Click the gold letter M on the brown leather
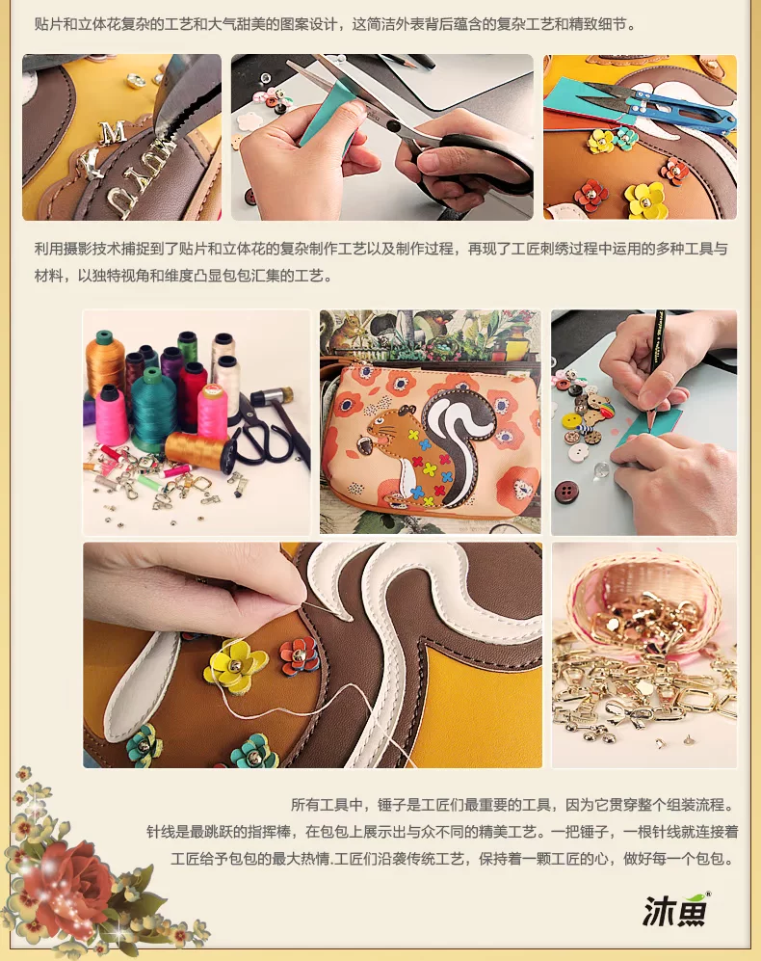[x=113, y=132]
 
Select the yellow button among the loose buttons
[x=572, y=423]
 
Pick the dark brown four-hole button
[x=565, y=492]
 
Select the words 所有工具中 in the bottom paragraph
[x=328, y=805]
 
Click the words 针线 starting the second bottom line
[x=161, y=832]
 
